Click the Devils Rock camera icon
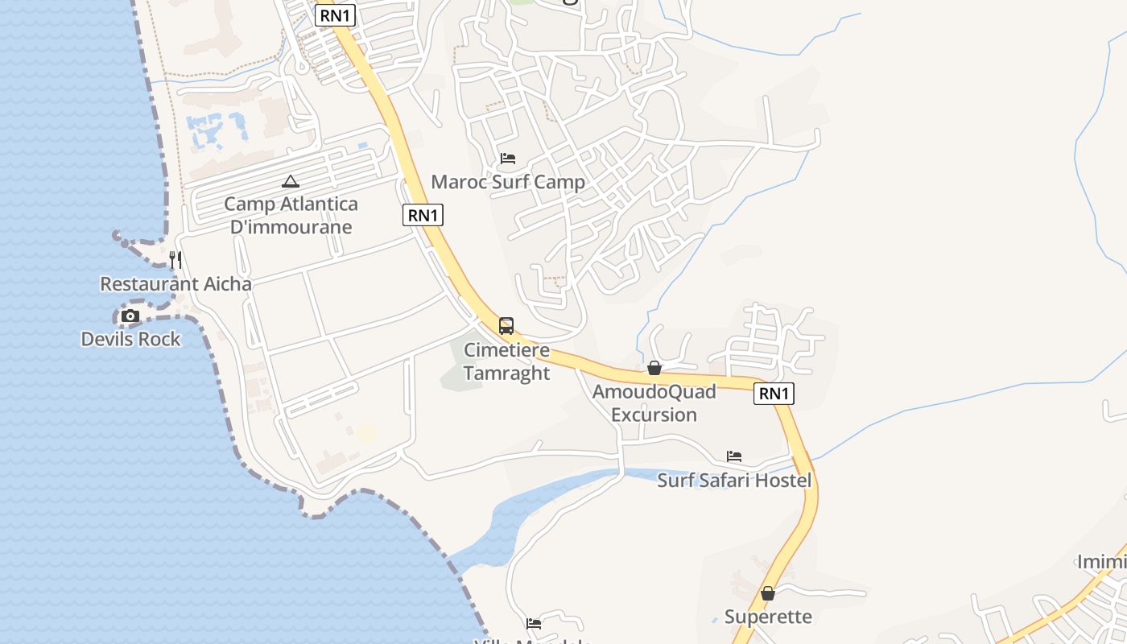click(x=130, y=316)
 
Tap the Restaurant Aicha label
click(x=175, y=284)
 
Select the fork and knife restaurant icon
click(x=175, y=259)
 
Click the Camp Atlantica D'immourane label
click(x=291, y=216)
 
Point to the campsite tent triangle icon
click(x=291, y=182)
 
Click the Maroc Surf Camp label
click(x=508, y=182)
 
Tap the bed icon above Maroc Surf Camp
click(x=508, y=159)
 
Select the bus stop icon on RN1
click(x=506, y=326)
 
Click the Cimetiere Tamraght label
click(x=507, y=362)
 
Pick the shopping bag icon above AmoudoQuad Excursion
click(x=654, y=368)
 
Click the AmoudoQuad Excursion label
click(x=654, y=403)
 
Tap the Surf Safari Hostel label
click(x=734, y=481)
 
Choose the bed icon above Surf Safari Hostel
click(x=734, y=456)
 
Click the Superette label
click(x=768, y=617)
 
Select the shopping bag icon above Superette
click(x=768, y=593)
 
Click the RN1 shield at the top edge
click(x=335, y=15)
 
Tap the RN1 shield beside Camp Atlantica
click(x=423, y=215)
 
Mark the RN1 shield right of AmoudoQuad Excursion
click(x=774, y=394)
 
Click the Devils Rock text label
click(x=131, y=340)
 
